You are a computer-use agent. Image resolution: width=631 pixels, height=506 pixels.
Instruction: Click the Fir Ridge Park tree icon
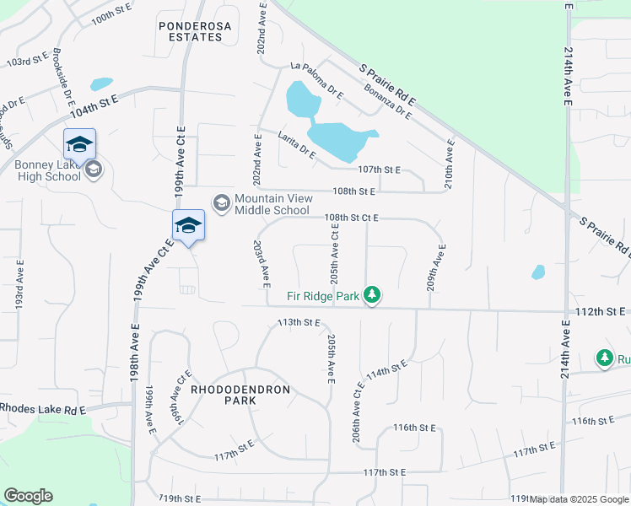tap(372, 295)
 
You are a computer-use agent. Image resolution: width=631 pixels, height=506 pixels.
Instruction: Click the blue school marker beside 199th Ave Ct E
tap(188, 225)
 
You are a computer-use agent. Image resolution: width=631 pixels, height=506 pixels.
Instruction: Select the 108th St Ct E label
tap(352, 218)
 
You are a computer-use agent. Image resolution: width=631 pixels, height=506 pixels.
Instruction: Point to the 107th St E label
tap(379, 170)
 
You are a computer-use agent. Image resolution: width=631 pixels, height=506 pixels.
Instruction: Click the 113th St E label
tap(300, 322)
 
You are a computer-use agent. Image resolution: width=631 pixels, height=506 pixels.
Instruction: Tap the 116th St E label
tap(414, 428)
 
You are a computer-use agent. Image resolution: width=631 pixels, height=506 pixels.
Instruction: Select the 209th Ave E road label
tap(434, 267)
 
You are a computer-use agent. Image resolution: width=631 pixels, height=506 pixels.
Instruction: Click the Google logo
tap(28, 496)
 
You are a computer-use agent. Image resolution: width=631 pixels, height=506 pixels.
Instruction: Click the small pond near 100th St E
tap(101, 84)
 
